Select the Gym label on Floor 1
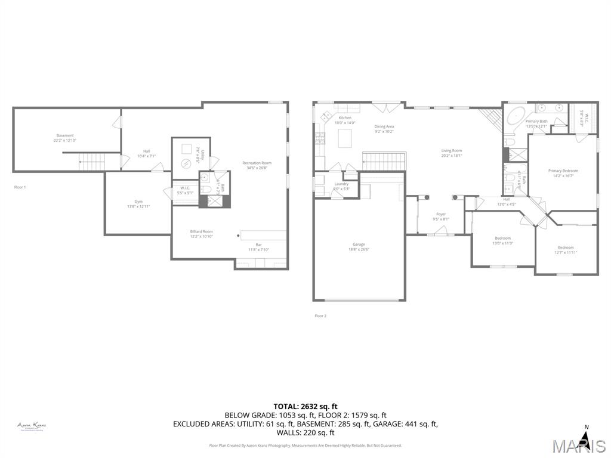[138, 203]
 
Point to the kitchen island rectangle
[345, 138]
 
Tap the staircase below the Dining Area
[384, 160]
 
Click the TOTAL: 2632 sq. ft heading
[305, 406]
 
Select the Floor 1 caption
[20, 187]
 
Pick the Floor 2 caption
[320, 315]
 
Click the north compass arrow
[585, 440]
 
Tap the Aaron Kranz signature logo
[32, 426]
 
